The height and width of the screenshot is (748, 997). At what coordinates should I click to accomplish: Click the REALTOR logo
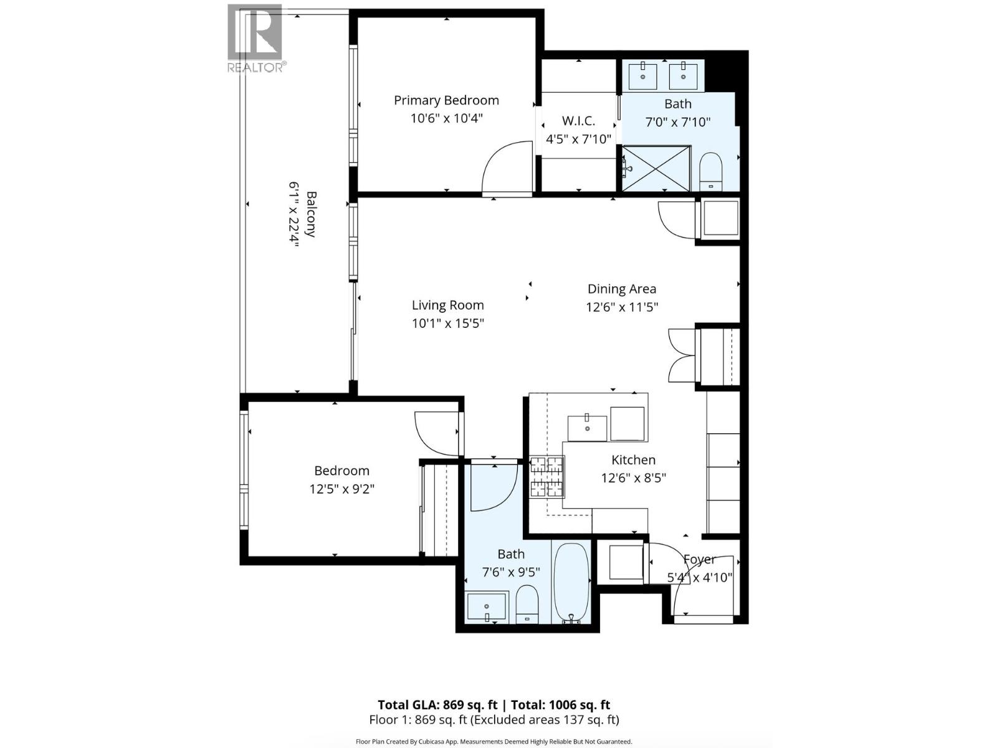(x=255, y=37)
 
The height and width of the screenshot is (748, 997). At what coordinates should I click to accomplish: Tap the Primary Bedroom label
(x=446, y=100)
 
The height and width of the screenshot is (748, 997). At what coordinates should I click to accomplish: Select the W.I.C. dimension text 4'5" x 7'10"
(x=578, y=139)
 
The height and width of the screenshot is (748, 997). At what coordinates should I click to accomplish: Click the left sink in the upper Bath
(x=642, y=76)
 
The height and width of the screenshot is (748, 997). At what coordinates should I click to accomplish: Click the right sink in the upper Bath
(x=684, y=76)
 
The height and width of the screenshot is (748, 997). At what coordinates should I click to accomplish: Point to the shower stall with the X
(x=657, y=168)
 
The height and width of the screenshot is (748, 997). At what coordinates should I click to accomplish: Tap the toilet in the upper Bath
(x=710, y=171)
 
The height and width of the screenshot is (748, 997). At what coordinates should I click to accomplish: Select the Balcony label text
(x=310, y=214)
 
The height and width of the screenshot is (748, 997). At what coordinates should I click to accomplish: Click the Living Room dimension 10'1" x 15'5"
(x=447, y=324)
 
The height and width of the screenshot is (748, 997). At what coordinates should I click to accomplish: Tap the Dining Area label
(x=622, y=289)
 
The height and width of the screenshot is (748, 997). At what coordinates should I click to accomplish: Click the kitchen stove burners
(x=547, y=477)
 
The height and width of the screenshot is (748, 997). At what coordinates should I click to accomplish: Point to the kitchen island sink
(x=587, y=428)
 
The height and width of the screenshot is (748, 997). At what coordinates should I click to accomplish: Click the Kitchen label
(x=633, y=460)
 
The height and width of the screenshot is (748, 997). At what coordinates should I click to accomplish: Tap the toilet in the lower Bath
(x=527, y=603)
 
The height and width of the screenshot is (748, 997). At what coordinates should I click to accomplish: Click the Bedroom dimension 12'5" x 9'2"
(x=341, y=489)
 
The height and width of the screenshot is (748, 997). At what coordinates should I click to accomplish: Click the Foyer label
(x=699, y=559)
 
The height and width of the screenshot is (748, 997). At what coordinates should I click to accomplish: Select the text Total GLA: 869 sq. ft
(x=437, y=705)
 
